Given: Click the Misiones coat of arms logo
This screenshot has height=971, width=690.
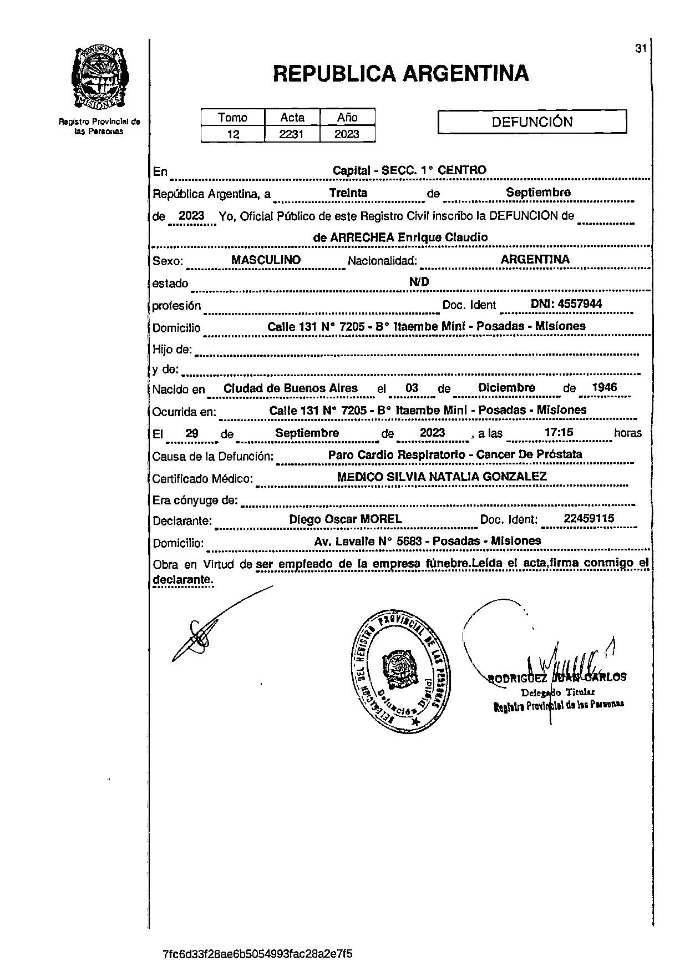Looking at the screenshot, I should tap(100, 77).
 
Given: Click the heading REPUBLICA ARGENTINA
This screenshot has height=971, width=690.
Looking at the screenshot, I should tap(400, 73).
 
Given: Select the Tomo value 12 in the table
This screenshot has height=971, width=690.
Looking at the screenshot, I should tap(233, 134).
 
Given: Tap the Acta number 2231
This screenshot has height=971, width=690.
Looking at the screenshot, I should tap(292, 134).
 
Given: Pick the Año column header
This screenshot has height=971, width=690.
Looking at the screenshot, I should tap(347, 117).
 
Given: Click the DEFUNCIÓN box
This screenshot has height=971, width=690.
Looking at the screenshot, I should tap(532, 122).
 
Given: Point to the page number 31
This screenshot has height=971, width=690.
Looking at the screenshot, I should tap(641, 49).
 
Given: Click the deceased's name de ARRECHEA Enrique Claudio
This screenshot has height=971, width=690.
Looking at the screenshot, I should tap(400, 237).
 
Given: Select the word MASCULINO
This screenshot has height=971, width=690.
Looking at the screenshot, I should tap(266, 260).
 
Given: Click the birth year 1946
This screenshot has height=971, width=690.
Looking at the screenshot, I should tap(604, 387).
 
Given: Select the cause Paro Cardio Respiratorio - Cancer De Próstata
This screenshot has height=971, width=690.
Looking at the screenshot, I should tap(455, 454).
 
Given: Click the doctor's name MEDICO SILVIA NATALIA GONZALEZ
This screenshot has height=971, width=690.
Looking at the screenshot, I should tap(442, 476).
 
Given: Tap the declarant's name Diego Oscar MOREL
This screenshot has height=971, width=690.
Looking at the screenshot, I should tap(346, 519).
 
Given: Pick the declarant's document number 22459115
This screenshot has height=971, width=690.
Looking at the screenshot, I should tap(588, 519).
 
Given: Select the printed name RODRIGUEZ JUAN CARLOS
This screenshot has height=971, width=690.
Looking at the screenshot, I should tap(557, 677).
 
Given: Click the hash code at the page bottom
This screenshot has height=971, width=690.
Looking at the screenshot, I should tap(258, 954).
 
